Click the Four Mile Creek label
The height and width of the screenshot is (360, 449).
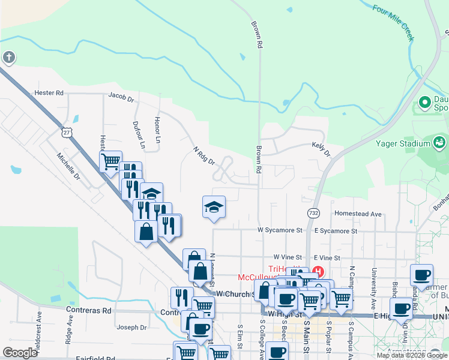pos(393,23)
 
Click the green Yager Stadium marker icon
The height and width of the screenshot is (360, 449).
pos(439,142)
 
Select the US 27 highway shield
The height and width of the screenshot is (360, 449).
pos(67,132)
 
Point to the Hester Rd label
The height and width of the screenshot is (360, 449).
pos(49,93)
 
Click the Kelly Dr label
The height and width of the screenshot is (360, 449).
pos(321,148)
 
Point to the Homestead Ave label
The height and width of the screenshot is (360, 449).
pos(358,214)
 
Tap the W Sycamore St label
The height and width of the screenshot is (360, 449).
pos(279,230)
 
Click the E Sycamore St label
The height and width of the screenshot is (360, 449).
pos(336,230)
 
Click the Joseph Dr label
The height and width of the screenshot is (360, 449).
pos(131,328)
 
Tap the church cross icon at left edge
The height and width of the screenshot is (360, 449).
pos(8,58)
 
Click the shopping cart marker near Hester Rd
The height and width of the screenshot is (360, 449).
pos(111,161)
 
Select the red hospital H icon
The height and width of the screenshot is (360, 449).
pos(318,272)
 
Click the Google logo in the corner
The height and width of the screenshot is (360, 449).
pos(20,353)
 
